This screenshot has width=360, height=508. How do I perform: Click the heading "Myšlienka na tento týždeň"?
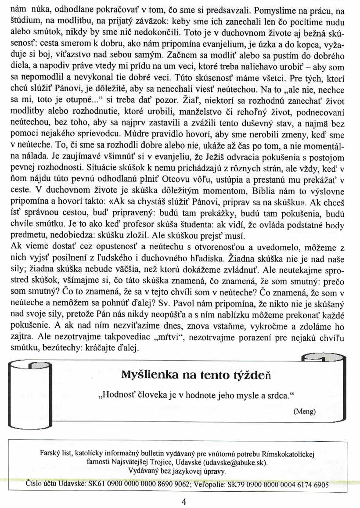[x=197, y=375]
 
